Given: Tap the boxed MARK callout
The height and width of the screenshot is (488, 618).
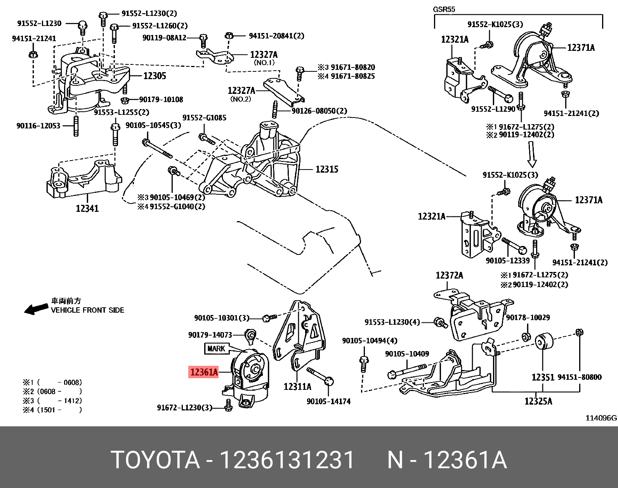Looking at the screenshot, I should point(216,349).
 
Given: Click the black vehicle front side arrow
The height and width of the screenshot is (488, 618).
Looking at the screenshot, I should point(36,309).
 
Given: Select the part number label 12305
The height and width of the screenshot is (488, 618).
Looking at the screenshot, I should point(154,76).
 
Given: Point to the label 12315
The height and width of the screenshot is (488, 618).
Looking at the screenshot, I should point(327,170).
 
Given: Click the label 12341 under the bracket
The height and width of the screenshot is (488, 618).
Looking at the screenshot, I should point(87,209).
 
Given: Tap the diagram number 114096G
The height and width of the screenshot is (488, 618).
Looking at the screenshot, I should point(601,418).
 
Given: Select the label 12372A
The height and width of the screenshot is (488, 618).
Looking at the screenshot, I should point(449,275).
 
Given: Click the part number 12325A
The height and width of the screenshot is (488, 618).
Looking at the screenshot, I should point(538,401).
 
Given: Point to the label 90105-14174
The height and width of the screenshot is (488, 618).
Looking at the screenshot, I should point(328,401).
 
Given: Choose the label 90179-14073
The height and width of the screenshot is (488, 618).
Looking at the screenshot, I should point(210,335).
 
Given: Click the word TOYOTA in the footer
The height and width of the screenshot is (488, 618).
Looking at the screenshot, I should point(155,460).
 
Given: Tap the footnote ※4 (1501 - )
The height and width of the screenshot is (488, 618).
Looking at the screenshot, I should point(52,410).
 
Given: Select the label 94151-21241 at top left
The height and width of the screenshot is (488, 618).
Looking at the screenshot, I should point(34,39).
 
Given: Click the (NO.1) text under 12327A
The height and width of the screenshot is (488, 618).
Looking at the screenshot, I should point(264,63).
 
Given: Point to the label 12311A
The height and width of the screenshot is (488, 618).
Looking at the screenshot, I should point(297,387).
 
